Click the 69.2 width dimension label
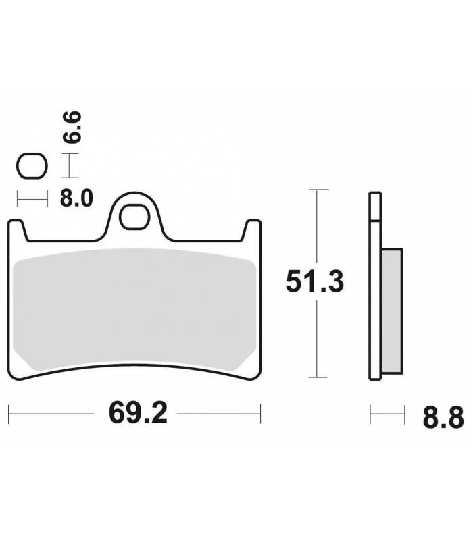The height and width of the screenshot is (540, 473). click(138, 413)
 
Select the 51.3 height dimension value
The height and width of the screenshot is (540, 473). click(315, 281)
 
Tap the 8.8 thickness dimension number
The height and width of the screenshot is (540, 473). click(443, 418)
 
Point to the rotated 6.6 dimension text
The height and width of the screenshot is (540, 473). click(72, 127)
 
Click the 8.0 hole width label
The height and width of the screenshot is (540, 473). click(76, 198)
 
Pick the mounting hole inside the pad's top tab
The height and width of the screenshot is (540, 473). click(134, 217)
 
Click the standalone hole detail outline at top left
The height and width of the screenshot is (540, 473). click(32, 166)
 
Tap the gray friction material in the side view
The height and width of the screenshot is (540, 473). click(392, 311)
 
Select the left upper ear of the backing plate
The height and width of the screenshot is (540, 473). click(16, 230)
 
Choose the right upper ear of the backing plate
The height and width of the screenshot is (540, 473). click(252, 230)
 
